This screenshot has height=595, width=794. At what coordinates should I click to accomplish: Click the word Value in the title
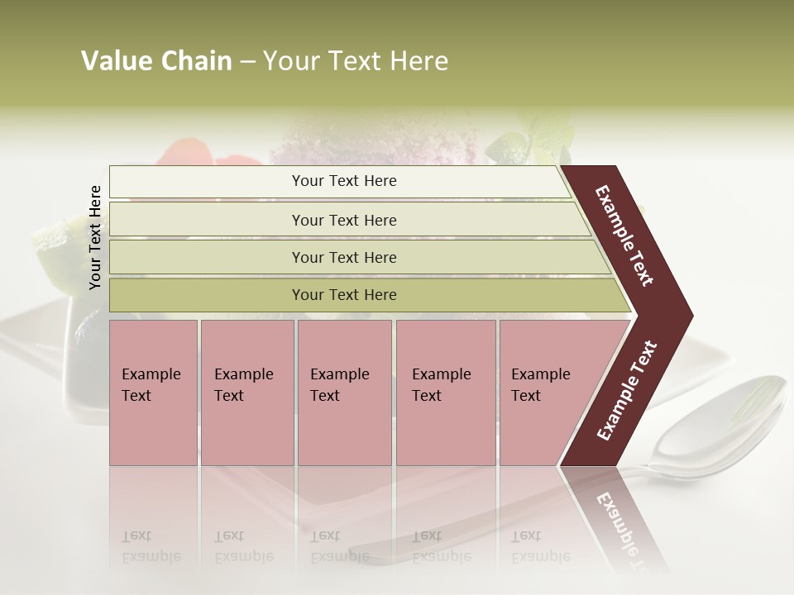point(117,61)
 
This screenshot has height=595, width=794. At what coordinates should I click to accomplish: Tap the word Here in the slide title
point(418,61)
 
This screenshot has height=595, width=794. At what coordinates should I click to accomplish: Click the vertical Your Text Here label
point(95,238)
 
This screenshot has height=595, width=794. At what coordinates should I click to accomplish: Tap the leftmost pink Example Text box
point(153,393)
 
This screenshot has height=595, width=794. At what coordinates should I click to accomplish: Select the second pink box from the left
point(247,393)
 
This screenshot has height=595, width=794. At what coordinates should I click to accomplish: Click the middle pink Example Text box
point(344,393)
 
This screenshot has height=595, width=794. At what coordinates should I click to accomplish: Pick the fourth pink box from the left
point(446,393)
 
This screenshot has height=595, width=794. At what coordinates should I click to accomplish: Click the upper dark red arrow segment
point(629,240)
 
